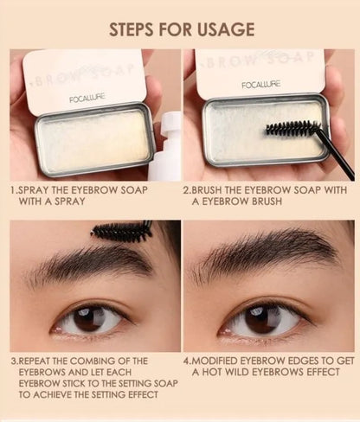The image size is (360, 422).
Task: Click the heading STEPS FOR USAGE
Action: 181,29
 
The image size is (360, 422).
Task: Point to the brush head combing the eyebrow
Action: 121,231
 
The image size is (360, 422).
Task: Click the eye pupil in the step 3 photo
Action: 87,320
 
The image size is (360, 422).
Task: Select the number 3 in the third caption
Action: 13,361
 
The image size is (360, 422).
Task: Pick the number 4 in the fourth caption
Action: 187,361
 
